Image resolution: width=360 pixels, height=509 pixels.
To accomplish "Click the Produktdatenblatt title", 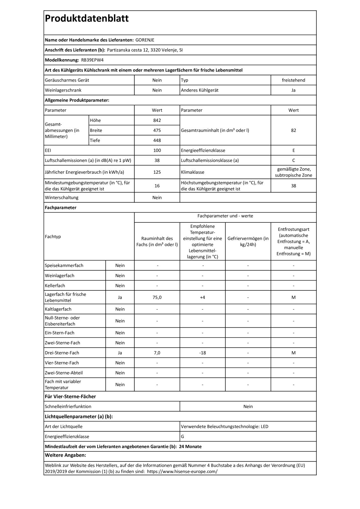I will pos(87,18).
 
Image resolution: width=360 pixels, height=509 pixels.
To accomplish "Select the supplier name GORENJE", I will pos(145,40).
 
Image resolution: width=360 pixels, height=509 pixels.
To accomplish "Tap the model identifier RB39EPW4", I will pos(92,60).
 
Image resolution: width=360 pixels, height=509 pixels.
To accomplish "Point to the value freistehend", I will pos(293,80).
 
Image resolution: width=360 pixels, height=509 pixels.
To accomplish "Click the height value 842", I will pos(157,120).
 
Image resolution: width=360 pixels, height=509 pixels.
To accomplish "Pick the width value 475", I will pos(157,130).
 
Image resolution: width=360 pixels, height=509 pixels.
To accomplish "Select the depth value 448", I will pos(157,140).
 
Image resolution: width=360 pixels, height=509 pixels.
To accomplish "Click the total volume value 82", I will pos(293,130).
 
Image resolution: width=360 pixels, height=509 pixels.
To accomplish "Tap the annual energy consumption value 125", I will pos(157,172).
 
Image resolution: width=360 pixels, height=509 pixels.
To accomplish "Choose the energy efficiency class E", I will pos(293,150).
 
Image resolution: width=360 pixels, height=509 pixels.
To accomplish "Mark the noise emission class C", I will pos(293,160).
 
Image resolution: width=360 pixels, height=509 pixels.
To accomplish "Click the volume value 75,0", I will pos(157,297).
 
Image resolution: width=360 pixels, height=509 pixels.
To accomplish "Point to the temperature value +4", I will pos(202,297).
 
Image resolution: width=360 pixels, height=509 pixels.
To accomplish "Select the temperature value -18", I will pos(202,352).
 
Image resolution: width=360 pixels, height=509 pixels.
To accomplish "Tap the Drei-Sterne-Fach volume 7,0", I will pos(157,352).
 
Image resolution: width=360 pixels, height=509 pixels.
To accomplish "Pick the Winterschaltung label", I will pos(61,198).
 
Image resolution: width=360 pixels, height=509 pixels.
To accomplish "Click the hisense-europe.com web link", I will pos(182,471).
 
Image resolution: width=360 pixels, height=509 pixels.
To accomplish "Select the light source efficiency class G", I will pos(183,436).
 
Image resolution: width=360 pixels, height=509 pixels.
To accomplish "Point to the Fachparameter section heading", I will pos(60,207).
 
